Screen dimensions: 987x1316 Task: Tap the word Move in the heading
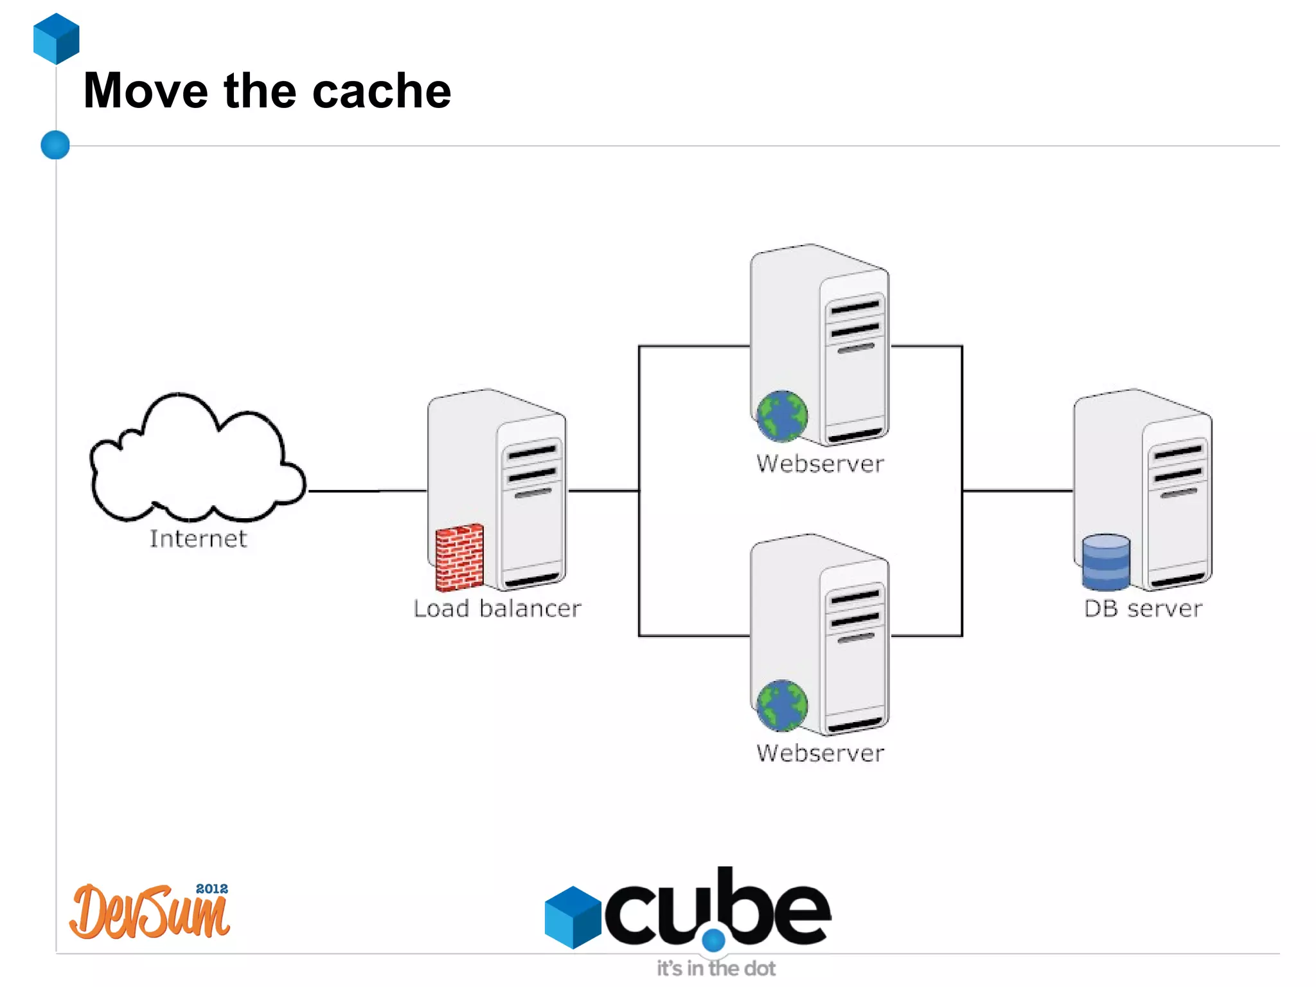tap(146, 91)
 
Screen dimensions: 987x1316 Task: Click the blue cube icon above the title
tap(57, 39)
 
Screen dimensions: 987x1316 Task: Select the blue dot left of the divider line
tap(55, 145)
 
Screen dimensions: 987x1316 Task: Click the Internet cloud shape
tap(193, 463)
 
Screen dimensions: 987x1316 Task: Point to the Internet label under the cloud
tap(198, 539)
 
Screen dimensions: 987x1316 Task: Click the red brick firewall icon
tap(459, 557)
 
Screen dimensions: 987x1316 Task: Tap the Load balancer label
tap(497, 608)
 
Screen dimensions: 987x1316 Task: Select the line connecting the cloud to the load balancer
tap(366, 491)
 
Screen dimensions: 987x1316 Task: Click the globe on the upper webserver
tap(782, 416)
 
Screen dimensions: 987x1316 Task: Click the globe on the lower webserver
tap(782, 705)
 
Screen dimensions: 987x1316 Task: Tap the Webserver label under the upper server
tap(820, 464)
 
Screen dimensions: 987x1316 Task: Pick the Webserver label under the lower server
tap(820, 753)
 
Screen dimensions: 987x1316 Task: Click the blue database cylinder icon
tap(1106, 562)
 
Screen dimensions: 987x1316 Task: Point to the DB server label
tap(1143, 608)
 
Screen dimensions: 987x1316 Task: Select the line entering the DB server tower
tap(1018, 491)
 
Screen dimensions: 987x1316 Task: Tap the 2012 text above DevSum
tap(211, 889)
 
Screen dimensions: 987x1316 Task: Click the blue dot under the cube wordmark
tap(713, 940)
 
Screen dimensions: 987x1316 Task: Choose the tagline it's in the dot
tap(716, 968)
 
